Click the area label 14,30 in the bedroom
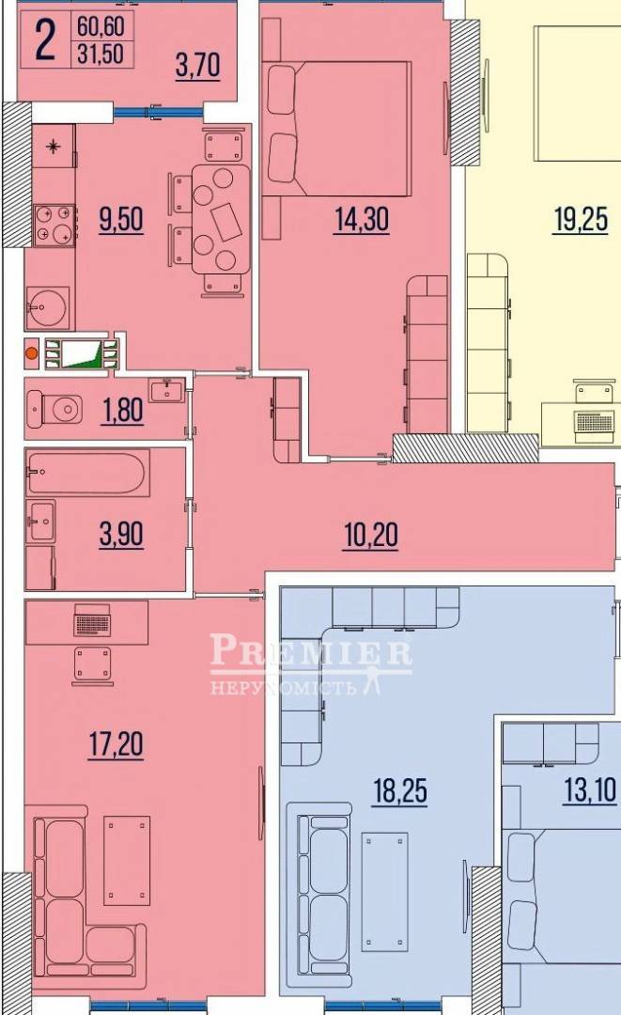pyautogui.click(x=362, y=219)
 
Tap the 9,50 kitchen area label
pyautogui.click(x=121, y=219)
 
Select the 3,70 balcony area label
pyautogui.click(x=198, y=66)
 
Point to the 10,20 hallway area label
pyautogui.click(x=371, y=536)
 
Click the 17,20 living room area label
pyautogui.click(x=116, y=744)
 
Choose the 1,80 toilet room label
pyautogui.click(x=122, y=411)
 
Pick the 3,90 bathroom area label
pyautogui.click(x=121, y=536)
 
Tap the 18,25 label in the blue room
pyautogui.click(x=400, y=790)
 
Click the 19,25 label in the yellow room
pyautogui.click(x=581, y=219)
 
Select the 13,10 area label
pyautogui.click(x=590, y=790)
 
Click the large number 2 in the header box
pyautogui.click(x=45, y=40)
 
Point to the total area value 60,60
pyautogui.click(x=101, y=26)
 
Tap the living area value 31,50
pyautogui.click(x=101, y=53)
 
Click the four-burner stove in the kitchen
pyautogui.click(x=54, y=226)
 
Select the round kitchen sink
pyautogui.click(x=47, y=307)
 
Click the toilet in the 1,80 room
pyautogui.click(x=55, y=409)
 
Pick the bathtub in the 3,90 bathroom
pyautogui.click(x=86, y=473)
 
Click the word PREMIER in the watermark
pyautogui.click(x=310, y=649)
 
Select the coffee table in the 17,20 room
pyautogui.click(x=127, y=861)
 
